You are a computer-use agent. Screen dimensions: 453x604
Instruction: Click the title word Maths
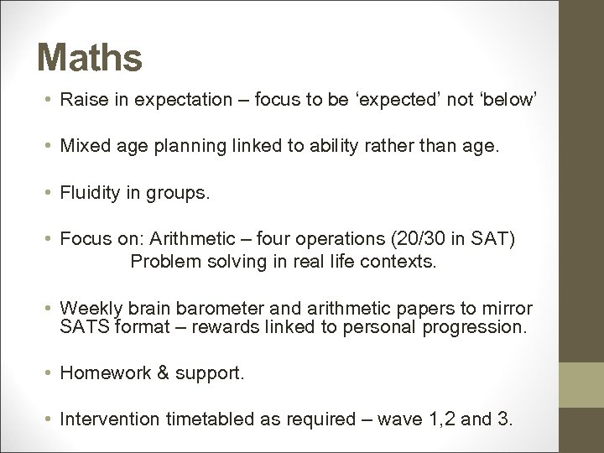90,59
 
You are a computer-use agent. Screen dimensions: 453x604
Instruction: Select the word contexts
398,261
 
